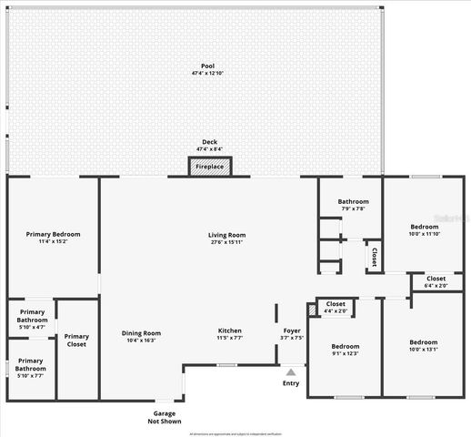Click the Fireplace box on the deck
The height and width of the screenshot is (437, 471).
(x=210, y=166)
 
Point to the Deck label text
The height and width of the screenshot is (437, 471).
(x=210, y=142)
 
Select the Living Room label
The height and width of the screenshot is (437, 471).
(x=229, y=236)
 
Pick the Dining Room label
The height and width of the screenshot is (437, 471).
(x=141, y=332)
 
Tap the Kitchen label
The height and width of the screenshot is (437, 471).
(x=229, y=330)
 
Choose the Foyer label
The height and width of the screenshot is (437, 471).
(x=291, y=330)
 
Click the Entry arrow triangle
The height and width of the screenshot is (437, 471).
(x=291, y=371)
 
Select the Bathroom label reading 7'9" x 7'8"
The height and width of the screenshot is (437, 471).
(x=353, y=201)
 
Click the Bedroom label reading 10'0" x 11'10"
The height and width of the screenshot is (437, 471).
(x=424, y=226)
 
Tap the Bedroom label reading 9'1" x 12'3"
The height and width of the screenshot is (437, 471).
(x=345, y=346)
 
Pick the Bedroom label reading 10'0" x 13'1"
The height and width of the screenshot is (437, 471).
(x=424, y=342)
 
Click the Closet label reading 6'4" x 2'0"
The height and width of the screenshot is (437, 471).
(x=436, y=279)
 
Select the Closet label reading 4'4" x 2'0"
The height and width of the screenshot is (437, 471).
(x=336, y=304)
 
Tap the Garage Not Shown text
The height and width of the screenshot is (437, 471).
(x=165, y=417)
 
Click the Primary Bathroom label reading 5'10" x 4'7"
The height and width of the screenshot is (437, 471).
(x=32, y=315)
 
